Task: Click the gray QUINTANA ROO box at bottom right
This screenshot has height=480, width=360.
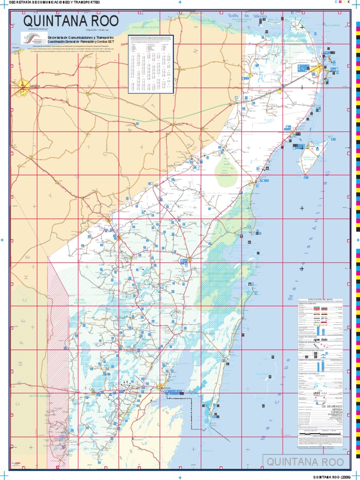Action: click(x=306, y=461)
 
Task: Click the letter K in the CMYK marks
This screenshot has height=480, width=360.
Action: click(x=348, y=2)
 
